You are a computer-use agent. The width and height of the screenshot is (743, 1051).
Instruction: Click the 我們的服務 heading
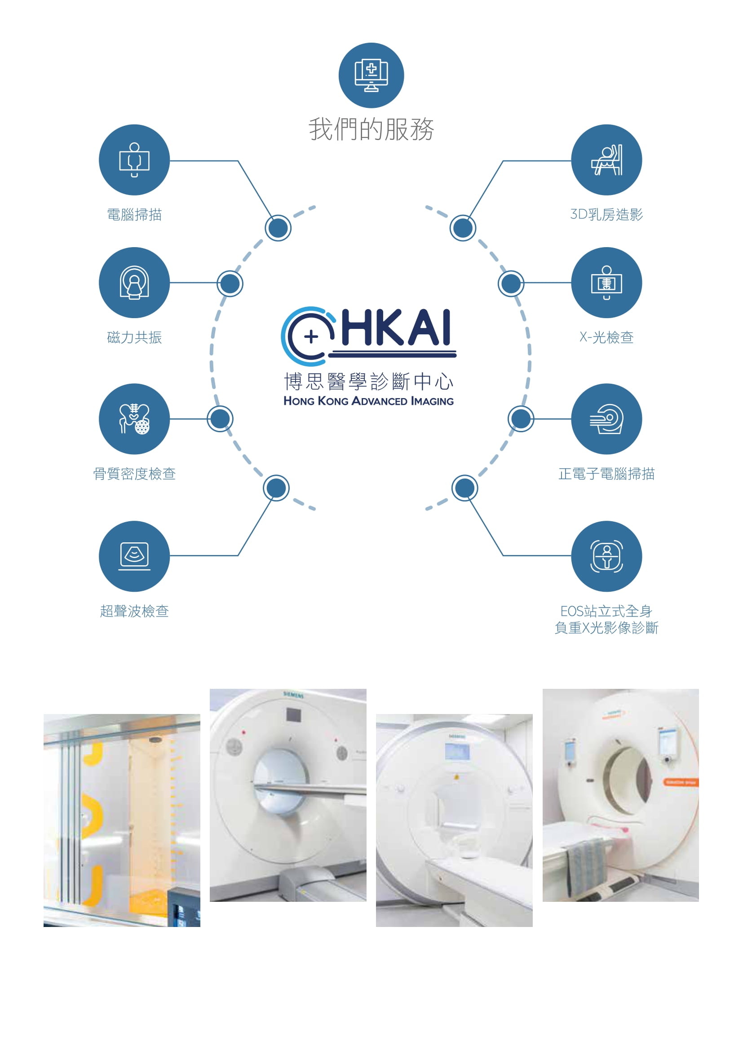click(371, 129)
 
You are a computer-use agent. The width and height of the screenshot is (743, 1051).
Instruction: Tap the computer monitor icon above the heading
click(371, 75)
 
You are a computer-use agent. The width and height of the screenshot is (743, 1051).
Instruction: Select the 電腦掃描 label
click(134, 214)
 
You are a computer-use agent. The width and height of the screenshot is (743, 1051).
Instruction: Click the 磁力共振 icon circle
click(134, 283)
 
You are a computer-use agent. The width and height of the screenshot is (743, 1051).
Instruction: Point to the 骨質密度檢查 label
click(134, 473)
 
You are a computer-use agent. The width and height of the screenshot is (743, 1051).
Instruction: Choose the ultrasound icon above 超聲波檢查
click(134, 556)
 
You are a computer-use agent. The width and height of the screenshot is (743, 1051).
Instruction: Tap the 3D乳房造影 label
click(606, 214)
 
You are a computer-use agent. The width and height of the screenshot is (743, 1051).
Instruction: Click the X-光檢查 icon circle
click(606, 283)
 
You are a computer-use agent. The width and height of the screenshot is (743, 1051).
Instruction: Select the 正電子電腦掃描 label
click(606, 473)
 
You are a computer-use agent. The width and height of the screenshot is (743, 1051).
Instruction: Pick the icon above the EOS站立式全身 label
click(606, 556)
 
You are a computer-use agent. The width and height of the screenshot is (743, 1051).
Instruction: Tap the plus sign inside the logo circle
click(311, 337)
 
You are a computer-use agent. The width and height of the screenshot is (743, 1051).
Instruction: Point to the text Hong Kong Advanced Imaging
click(369, 401)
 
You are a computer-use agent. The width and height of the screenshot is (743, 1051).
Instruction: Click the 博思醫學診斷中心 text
click(369, 381)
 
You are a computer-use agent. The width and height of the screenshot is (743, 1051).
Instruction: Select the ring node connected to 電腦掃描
click(278, 227)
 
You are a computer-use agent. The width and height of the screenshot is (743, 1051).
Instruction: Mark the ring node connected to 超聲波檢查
click(276, 488)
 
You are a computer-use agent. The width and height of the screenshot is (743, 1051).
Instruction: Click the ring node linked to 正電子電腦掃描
click(521, 418)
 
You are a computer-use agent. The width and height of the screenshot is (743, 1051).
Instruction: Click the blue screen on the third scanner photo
click(457, 752)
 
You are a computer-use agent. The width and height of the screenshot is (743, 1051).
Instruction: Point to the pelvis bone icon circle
click(134, 419)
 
